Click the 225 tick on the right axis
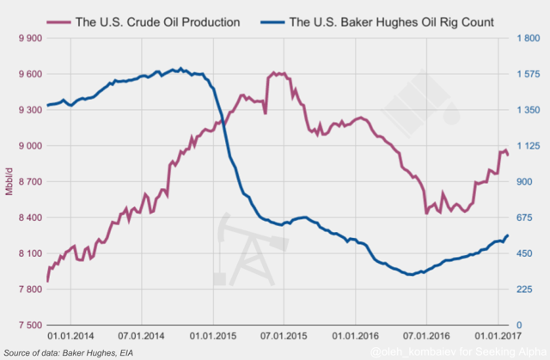tap(525, 290)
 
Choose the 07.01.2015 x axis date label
tap(283, 338)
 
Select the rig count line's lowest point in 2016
tap(409, 274)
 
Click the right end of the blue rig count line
tap(507, 235)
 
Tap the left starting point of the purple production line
tap(47, 280)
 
